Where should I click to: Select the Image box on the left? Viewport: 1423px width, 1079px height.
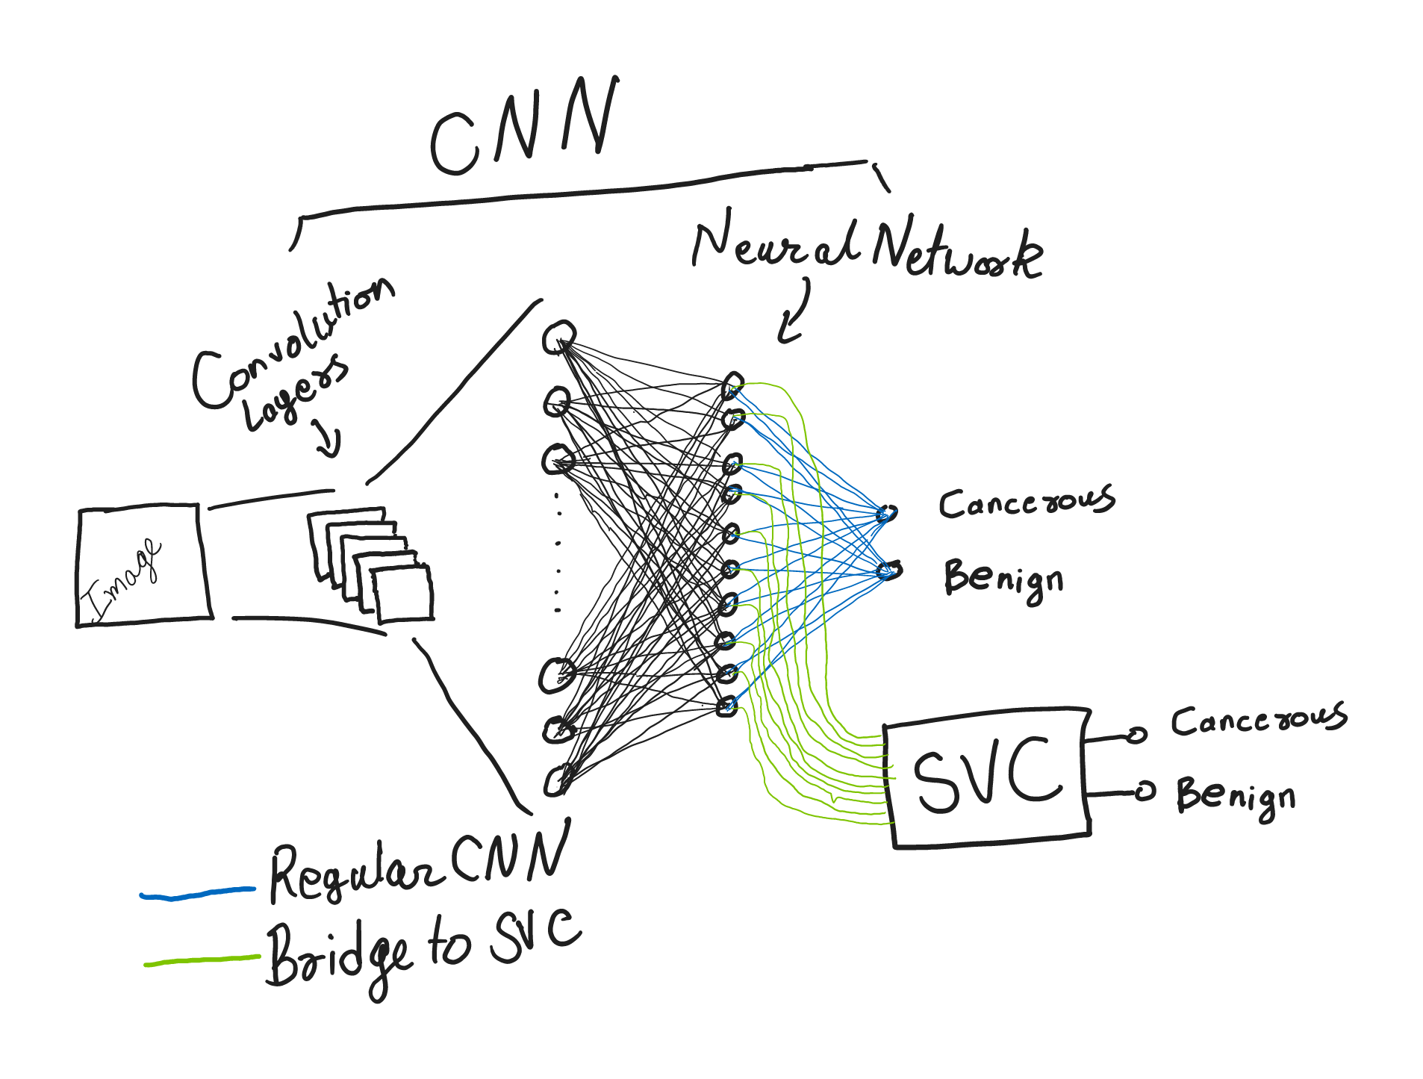[x=142, y=566]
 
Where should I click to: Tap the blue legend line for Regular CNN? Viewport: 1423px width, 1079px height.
[x=198, y=893]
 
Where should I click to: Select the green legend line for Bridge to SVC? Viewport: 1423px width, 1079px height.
[x=202, y=960]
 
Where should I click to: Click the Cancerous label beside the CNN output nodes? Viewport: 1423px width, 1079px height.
[x=1027, y=502]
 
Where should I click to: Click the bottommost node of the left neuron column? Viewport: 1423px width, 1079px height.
[x=557, y=780]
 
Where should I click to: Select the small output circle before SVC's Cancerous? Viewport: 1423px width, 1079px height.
[x=1136, y=735]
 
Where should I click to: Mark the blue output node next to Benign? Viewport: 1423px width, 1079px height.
[x=888, y=571]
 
